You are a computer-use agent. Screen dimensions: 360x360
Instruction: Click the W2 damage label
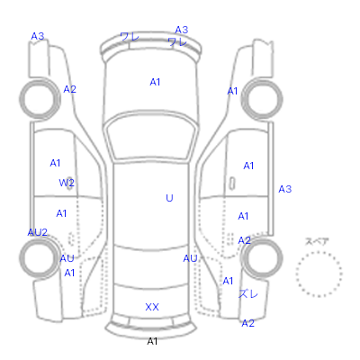click(67, 183)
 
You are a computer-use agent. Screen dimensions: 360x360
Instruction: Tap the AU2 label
click(38, 232)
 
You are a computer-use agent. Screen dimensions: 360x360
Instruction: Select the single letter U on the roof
click(169, 198)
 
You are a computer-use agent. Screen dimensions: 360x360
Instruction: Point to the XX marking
click(152, 307)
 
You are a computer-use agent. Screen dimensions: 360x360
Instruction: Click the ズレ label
click(248, 293)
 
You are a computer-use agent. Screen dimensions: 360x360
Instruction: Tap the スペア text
click(317, 241)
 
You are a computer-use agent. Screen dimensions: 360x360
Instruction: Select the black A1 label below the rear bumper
click(152, 341)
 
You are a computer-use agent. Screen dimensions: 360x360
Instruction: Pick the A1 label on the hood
click(155, 82)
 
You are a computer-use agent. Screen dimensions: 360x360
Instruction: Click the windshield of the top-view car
click(152, 137)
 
